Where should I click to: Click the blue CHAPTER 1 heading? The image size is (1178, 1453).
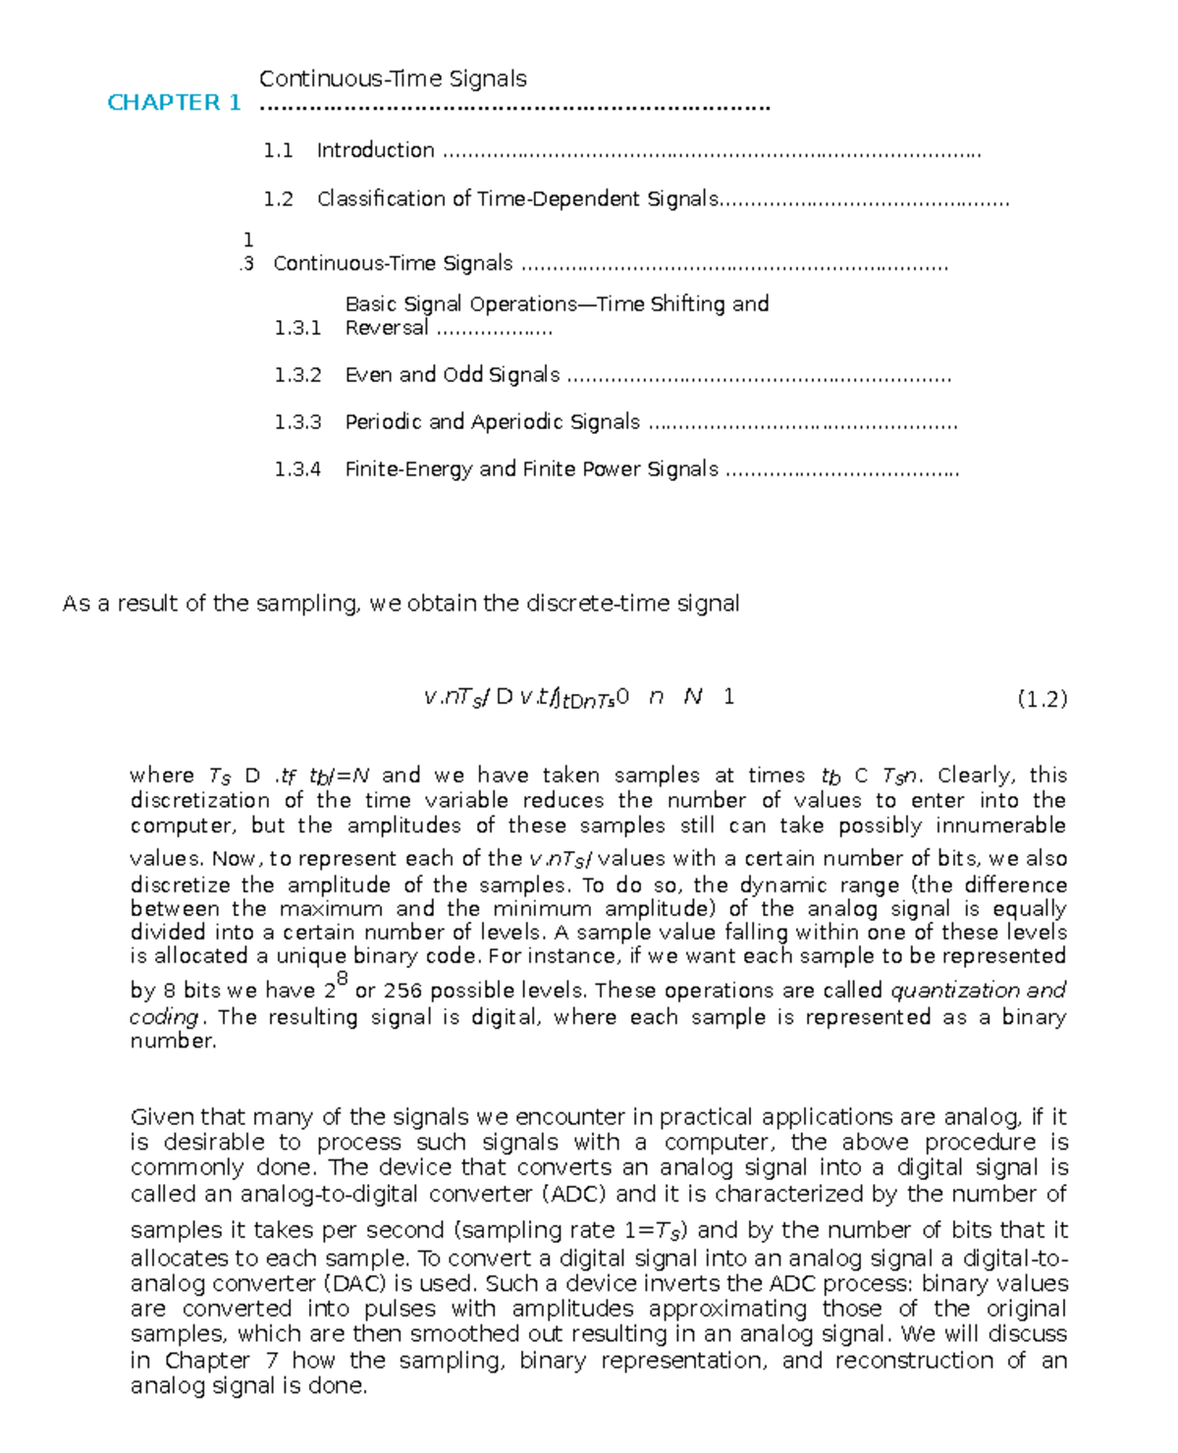point(174,102)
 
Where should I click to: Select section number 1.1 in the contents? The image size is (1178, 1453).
point(278,150)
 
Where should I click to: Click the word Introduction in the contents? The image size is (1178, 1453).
point(375,150)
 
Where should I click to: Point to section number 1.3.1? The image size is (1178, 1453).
point(297,328)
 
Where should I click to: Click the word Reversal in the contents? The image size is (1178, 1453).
point(387,328)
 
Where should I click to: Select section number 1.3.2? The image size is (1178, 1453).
point(297,375)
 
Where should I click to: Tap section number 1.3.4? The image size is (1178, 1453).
point(297,469)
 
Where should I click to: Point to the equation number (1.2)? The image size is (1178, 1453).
point(1043,699)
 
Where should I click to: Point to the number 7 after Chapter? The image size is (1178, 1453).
point(272,1360)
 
